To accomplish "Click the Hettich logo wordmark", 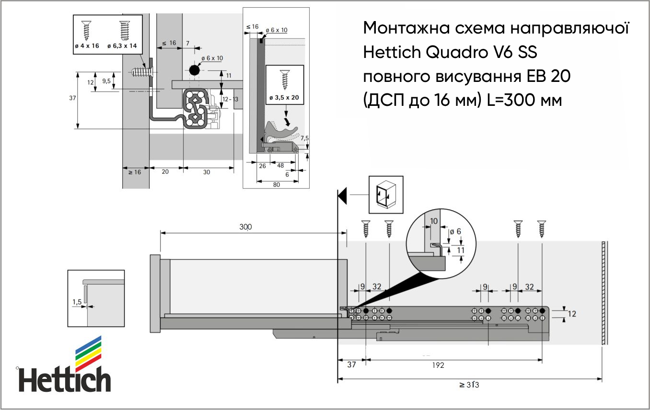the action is point(64,379).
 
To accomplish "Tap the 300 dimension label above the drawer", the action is point(245,227).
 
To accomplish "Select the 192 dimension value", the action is point(438,365).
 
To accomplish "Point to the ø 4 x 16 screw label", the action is point(87,46).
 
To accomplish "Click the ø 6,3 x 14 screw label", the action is point(122,46).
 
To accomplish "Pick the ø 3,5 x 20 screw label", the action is point(284,98).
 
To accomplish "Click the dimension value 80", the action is point(276,185).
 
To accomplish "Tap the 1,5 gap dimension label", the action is point(77,302).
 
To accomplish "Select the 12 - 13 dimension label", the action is point(230,99).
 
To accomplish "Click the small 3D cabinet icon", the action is point(386,194).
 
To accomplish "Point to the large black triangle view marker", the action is point(342,196).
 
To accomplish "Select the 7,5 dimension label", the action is point(305,138).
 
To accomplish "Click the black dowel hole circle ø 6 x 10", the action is point(195,70).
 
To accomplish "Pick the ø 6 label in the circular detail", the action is point(455,231).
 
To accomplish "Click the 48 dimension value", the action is point(280,166).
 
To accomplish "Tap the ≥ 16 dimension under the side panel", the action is point(135,172).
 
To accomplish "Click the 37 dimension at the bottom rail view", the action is point(351,365).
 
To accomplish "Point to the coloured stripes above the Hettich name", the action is point(89,354).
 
